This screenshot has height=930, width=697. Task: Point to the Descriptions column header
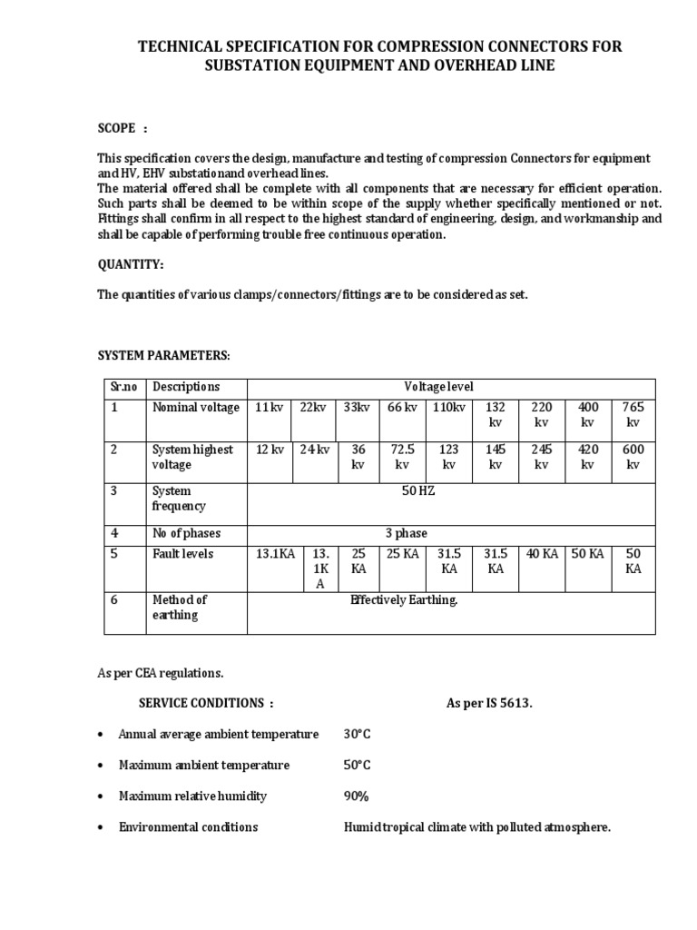coord(186,386)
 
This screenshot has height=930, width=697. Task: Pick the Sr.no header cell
coord(123,386)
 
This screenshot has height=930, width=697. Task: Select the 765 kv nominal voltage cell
coord(633,415)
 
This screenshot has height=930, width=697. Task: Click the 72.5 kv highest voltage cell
coord(402,457)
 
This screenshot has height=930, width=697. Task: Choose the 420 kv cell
coord(587,457)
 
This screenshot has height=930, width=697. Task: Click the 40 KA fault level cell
coord(541,554)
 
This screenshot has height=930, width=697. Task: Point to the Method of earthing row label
coord(180,607)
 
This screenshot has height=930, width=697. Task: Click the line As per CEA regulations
coord(160,673)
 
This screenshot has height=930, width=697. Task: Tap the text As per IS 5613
coord(489,703)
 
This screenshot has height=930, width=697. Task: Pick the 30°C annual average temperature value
coord(357,734)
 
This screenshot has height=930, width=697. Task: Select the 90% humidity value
coord(356,796)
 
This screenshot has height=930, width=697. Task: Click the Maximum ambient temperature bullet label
coord(204,765)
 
